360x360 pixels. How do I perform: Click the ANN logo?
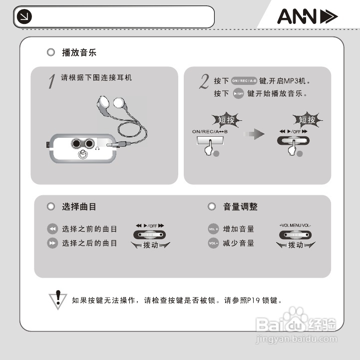(307, 17)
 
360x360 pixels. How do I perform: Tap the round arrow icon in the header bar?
(24, 17)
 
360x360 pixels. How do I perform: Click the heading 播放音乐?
(79, 52)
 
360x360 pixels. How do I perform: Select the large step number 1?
(51, 81)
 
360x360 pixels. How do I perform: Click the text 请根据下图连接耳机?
(96, 78)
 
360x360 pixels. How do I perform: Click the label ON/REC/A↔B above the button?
(210, 131)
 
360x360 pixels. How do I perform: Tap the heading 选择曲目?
(79, 206)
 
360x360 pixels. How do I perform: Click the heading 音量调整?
(240, 206)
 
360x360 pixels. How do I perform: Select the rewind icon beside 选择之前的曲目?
(52, 229)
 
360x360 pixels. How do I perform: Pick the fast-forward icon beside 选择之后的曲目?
(52, 243)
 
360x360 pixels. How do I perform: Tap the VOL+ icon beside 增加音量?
(214, 229)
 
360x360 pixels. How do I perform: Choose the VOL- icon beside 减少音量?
(214, 243)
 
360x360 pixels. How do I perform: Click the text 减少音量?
(239, 243)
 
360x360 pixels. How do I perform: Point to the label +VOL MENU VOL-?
(295, 225)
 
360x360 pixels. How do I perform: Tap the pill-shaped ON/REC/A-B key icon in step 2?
(244, 80)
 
